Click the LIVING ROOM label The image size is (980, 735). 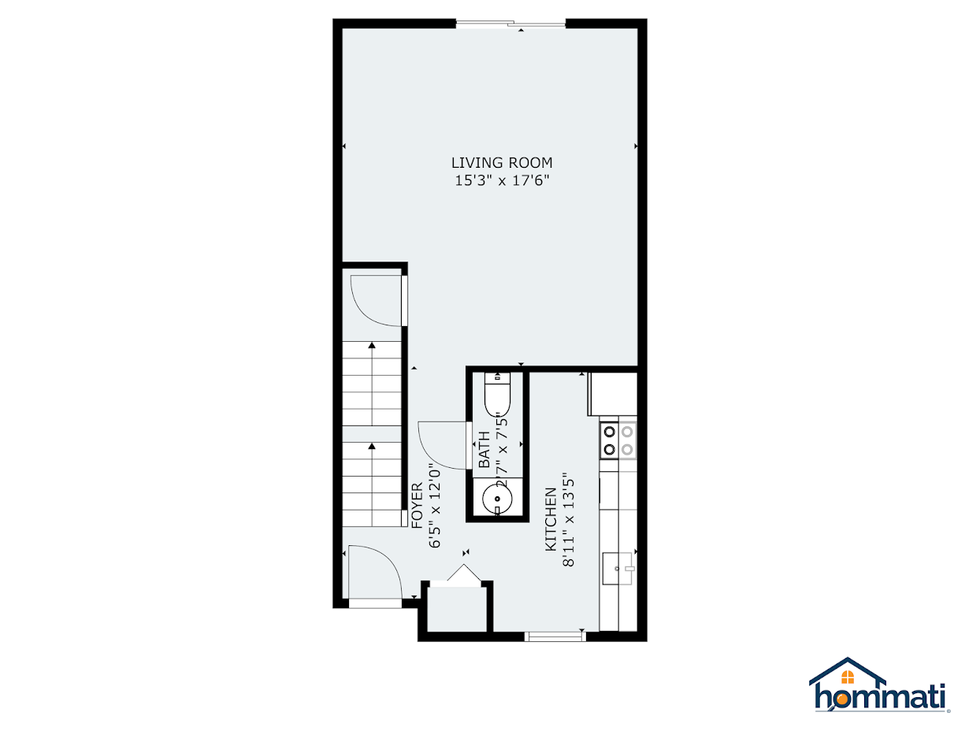[x=502, y=163]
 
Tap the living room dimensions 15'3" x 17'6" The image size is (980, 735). [x=502, y=181]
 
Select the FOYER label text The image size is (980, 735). [x=417, y=505]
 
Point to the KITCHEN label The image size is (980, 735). [x=551, y=518]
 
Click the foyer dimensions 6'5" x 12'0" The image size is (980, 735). [x=434, y=505]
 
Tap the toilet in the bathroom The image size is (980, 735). [x=497, y=395]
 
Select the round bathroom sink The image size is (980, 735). [x=497, y=499]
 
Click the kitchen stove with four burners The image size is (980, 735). [x=618, y=440]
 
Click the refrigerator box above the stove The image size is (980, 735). [x=612, y=394]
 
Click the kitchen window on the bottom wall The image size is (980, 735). [x=555, y=636]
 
